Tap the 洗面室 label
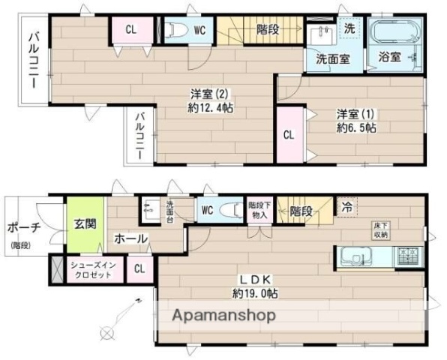coord(331,59)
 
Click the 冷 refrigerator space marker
coord(346,206)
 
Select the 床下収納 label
coord(381,230)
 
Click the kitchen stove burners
coord(407,256)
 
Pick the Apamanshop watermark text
coord(224,315)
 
